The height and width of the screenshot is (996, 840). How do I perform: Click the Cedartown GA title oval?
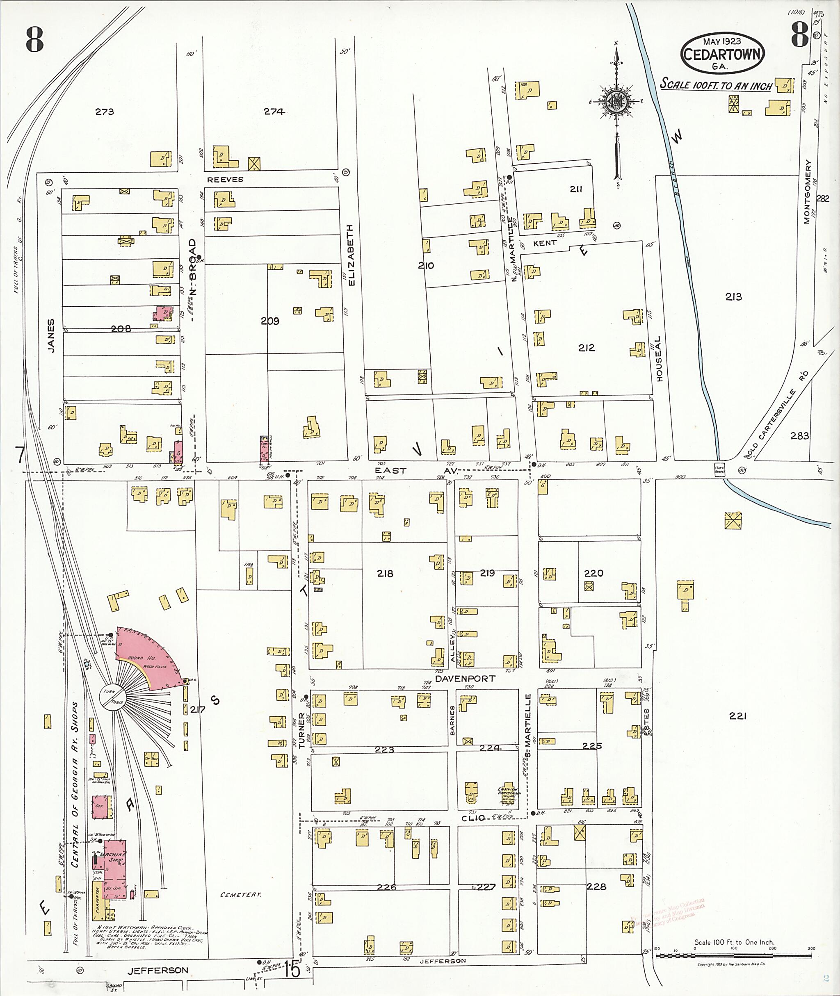pos(722,53)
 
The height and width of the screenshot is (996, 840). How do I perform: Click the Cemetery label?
pos(241,895)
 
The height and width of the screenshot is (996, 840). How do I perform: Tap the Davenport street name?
pos(465,679)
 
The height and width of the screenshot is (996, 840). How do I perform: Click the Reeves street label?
pos(225,180)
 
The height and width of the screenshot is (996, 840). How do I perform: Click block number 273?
pos(104,112)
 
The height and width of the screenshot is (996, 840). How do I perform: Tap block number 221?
pos(737,716)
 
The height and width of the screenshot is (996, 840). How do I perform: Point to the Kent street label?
pos(545,243)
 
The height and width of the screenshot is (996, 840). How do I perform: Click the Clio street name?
pos(473,818)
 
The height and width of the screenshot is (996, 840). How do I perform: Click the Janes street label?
pos(51,336)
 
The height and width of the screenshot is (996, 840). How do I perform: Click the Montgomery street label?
pos(808,191)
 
